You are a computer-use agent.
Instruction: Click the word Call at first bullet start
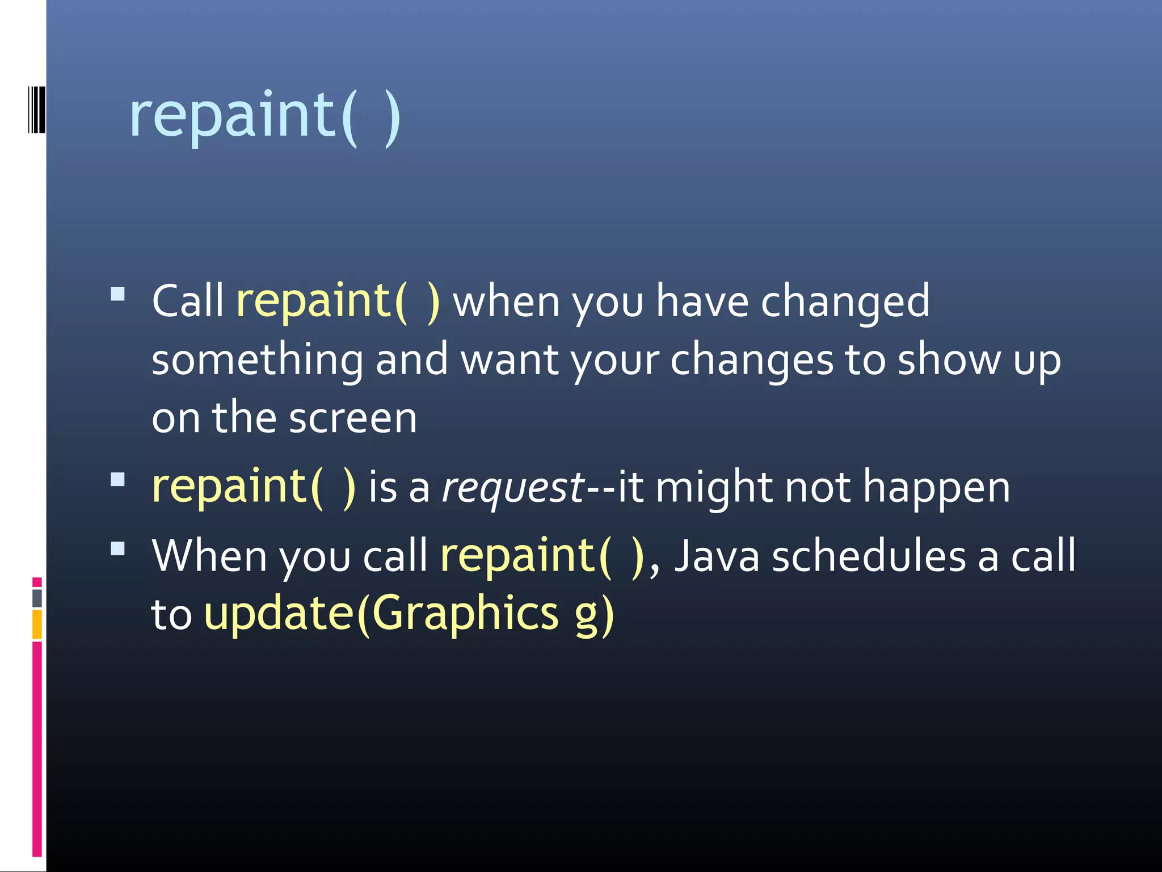click(x=188, y=301)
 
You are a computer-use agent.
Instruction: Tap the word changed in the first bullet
click(x=845, y=301)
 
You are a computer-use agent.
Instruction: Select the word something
click(x=257, y=360)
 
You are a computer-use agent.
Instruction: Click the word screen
click(x=352, y=418)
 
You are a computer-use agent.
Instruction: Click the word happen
click(x=936, y=487)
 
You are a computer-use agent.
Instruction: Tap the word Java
click(x=716, y=556)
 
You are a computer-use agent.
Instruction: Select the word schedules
click(x=869, y=556)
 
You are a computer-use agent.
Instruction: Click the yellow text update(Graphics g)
click(x=409, y=614)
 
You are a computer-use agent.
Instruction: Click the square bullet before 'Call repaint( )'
click(x=118, y=294)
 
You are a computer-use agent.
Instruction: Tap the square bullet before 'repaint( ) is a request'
click(x=118, y=480)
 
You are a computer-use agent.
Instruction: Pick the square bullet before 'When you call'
click(x=118, y=548)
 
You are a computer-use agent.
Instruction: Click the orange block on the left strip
click(x=37, y=624)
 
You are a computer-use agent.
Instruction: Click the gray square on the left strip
click(x=37, y=598)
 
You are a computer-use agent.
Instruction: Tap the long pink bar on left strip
click(x=37, y=749)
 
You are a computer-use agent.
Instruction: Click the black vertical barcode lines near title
click(x=36, y=110)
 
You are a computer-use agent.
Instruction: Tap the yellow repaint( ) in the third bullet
click(x=542, y=556)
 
